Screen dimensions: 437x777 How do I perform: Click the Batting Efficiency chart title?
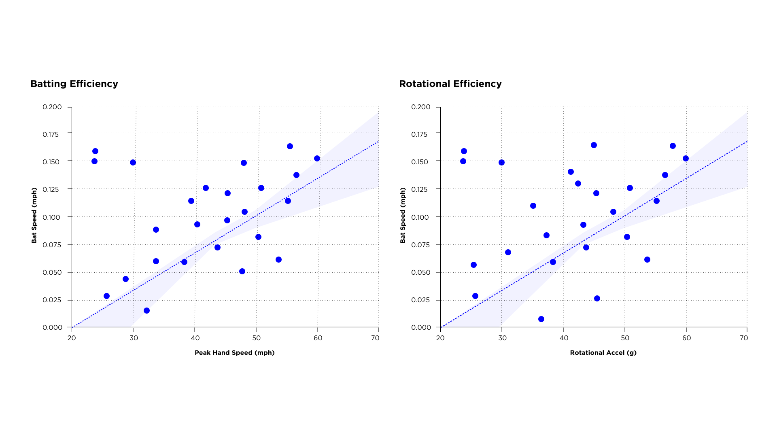tap(74, 84)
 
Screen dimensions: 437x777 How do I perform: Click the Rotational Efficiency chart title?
tap(450, 84)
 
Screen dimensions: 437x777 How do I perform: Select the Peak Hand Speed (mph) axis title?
tap(234, 353)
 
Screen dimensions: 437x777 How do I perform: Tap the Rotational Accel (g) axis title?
tap(603, 353)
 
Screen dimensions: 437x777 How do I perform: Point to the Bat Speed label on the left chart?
tap(34, 215)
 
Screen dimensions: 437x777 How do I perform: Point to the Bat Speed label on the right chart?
tap(403, 215)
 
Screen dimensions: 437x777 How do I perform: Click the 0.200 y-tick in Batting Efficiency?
tap(52, 107)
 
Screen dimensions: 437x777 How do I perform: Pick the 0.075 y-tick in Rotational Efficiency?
tap(421, 245)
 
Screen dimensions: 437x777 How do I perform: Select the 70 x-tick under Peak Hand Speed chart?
tap(375, 338)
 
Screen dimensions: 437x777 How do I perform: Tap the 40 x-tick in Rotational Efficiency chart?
tap(563, 338)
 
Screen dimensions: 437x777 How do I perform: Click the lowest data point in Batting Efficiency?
tap(146, 311)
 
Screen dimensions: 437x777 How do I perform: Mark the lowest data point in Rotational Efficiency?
tap(541, 319)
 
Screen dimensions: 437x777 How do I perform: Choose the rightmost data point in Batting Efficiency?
tap(317, 159)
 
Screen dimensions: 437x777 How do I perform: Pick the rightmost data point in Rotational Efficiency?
tap(686, 159)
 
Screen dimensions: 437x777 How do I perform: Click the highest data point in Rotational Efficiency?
tap(594, 145)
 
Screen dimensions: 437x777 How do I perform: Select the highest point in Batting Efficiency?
tap(290, 146)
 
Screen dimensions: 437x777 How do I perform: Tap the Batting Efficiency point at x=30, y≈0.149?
tap(133, 163)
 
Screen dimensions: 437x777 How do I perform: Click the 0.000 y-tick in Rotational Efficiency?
tap(421, 327)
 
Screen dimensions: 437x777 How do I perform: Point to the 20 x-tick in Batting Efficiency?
tap(72, 338)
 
